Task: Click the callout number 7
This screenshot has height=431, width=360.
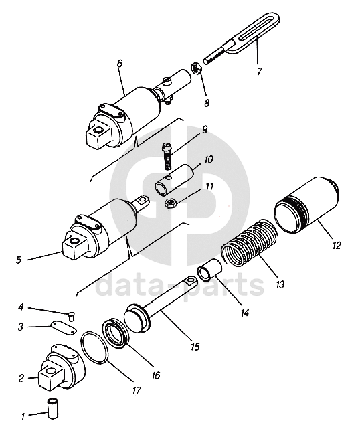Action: coord(259,71)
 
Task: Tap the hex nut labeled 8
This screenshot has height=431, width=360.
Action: coord(196,68)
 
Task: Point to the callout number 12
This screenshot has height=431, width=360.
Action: coord(336,245)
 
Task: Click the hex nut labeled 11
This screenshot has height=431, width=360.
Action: coord(171,203)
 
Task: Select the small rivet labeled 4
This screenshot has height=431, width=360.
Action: coord(71,316)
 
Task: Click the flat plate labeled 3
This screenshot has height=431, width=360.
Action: coord(63,328)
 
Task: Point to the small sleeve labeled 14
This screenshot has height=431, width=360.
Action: coord(209,270)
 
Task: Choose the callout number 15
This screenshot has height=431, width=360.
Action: coord(195,347)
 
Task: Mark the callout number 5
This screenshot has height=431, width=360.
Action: coord(19,260)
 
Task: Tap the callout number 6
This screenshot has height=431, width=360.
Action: coord(119,63)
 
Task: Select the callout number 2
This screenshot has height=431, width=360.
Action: coord(21,379)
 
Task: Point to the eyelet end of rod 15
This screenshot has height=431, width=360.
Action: coord(191,282)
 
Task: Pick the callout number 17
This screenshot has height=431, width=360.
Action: coord(137,390)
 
